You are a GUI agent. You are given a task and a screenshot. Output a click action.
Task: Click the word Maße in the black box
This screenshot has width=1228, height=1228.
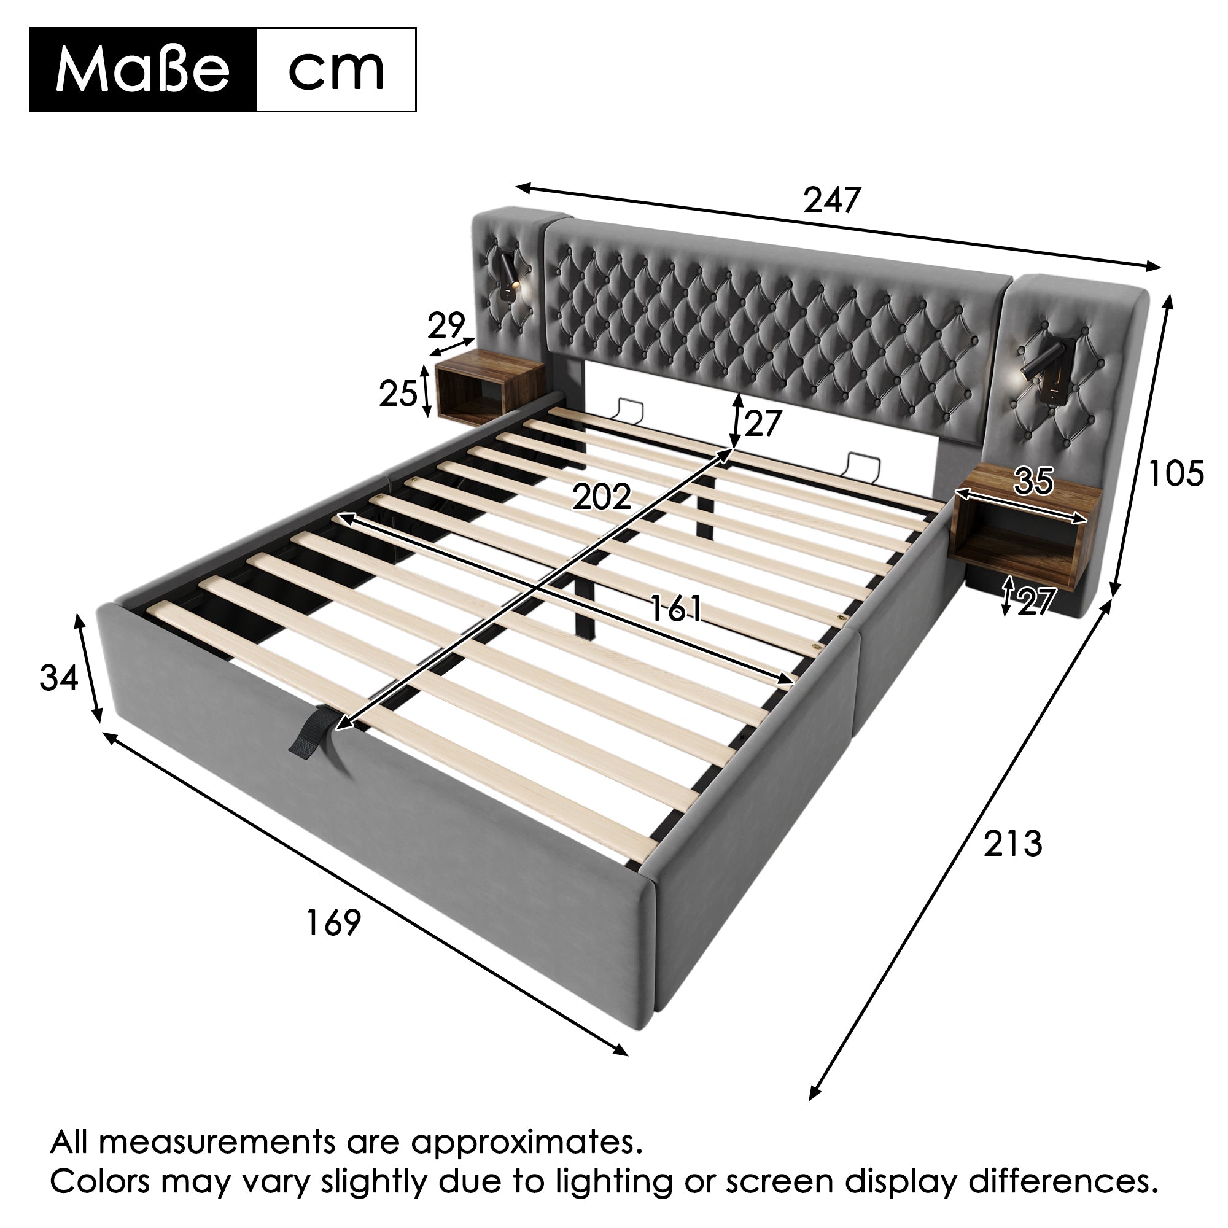pyautogui.click(x=142, y=70)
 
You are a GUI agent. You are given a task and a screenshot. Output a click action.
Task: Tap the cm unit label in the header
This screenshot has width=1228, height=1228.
pyautogui.click(x=336, y=70)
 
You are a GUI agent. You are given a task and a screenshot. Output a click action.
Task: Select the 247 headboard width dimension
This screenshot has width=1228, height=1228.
pyautogui.click(x=831, y=201)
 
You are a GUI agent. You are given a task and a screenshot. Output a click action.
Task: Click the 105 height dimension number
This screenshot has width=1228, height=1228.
pyautogui.click(x=1176, y=473)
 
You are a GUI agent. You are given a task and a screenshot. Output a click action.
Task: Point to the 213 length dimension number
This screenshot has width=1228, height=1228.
pyautogui.click(x=1013, y=844)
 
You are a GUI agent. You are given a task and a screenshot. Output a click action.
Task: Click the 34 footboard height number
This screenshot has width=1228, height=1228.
pyautogui.click(x=58, y=678)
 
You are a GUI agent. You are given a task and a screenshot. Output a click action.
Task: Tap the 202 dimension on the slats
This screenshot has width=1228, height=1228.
pyautogui.click(x=601, y=497)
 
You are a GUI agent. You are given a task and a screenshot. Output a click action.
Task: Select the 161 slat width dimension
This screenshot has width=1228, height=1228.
pyautogui.click(x=675, y=609)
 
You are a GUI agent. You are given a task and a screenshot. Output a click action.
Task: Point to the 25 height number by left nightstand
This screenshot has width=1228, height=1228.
pyautogui.click(x=398, y=394)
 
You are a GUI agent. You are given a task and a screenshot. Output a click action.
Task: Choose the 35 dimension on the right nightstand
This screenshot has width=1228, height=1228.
pyautogui.click(x=1034, y=481)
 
